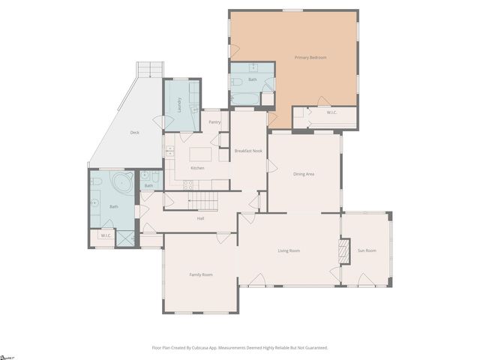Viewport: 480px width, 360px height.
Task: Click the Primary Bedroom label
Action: point(310,57)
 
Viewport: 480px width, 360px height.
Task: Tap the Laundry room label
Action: point(180,106)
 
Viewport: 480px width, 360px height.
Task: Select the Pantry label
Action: point(214,121)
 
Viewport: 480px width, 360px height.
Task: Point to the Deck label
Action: point(134,133)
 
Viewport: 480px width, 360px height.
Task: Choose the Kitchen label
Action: point(197,168)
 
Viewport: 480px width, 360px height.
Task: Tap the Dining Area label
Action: point(304,174)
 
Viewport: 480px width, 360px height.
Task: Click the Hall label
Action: point(200,218)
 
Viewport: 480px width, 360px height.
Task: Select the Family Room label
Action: point(200,274)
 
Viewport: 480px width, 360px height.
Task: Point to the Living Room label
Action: point(289,250)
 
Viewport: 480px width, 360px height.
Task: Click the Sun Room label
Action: point(366,250)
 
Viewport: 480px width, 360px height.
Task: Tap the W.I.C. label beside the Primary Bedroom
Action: point(331,112)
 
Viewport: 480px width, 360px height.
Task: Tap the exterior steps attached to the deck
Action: point(149,70)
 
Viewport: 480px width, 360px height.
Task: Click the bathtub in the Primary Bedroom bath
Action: point(244,98)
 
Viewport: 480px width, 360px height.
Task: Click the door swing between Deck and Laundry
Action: point(158,121)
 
